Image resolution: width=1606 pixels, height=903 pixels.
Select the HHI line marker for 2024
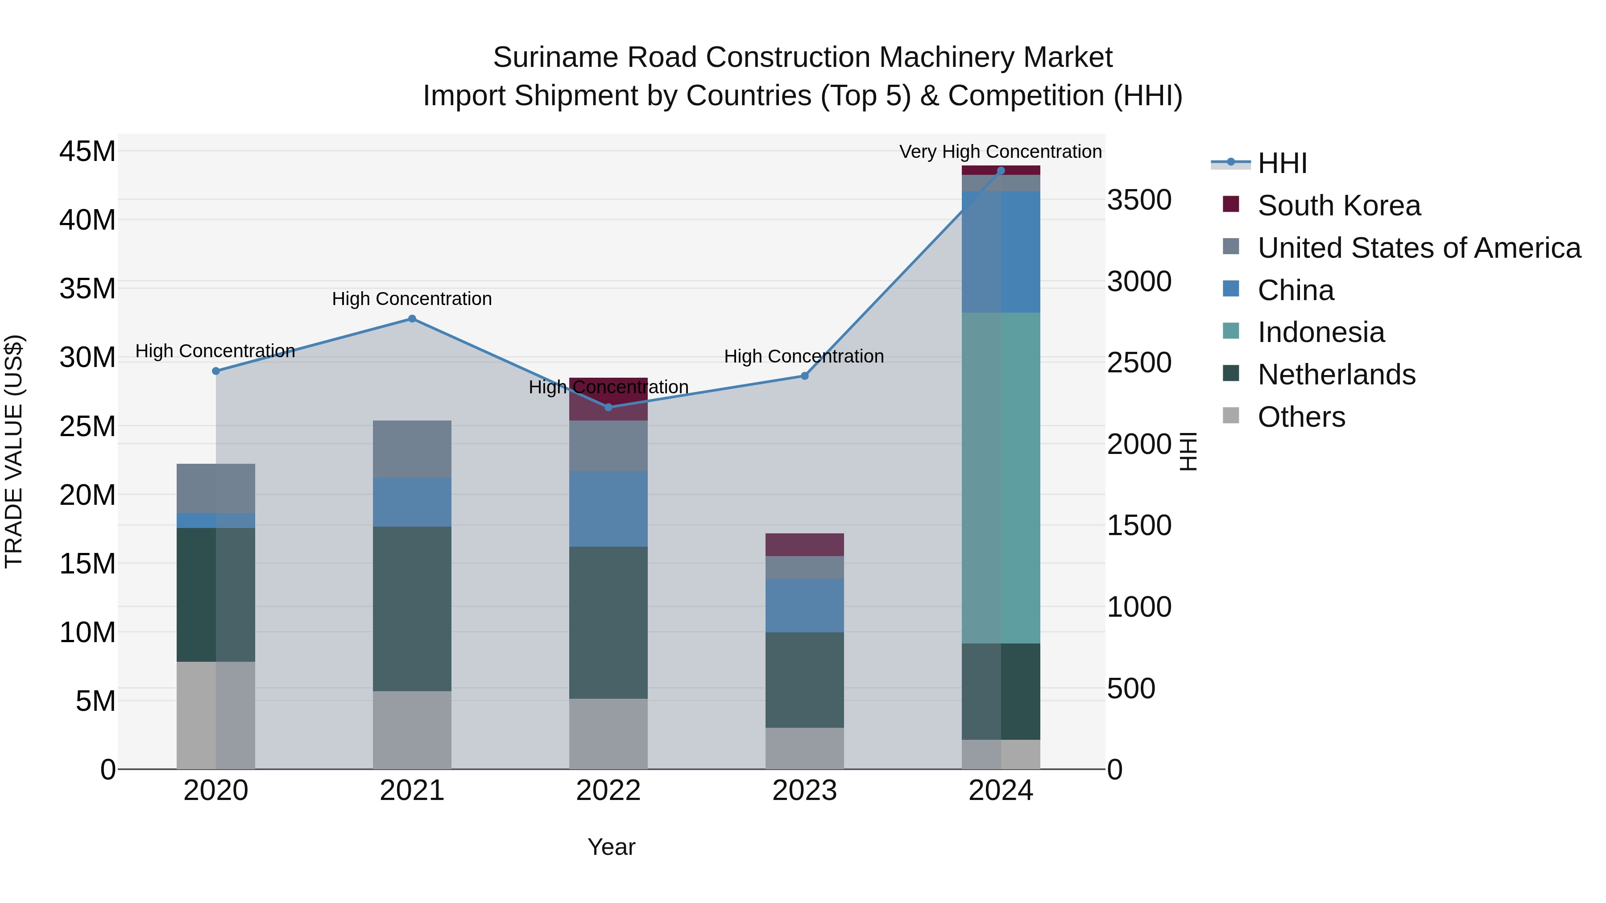pos(1001,170)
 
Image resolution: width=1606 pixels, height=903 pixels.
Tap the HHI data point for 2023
pos(804,376)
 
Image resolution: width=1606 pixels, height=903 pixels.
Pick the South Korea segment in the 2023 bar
pos(804,544)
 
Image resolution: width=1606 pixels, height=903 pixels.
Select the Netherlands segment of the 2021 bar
pos(412,608)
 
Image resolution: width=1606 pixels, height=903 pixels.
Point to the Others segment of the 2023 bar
pos(804,748)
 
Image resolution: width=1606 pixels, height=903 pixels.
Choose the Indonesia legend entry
pos(1320,332)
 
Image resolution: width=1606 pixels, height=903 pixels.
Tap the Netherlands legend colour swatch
pos(1231,374)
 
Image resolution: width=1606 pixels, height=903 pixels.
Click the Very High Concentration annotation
pos(1000,152)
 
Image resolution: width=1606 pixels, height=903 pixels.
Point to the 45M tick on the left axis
pos(87,152)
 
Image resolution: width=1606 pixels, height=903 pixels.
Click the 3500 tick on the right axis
pos(1139,200)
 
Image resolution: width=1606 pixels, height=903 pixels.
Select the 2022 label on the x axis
pos(608,791)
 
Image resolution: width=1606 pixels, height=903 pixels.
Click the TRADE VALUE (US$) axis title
pos(14,451)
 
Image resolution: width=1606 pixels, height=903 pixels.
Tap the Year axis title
pos(611,847)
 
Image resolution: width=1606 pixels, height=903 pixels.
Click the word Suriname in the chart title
pos(555,58)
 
